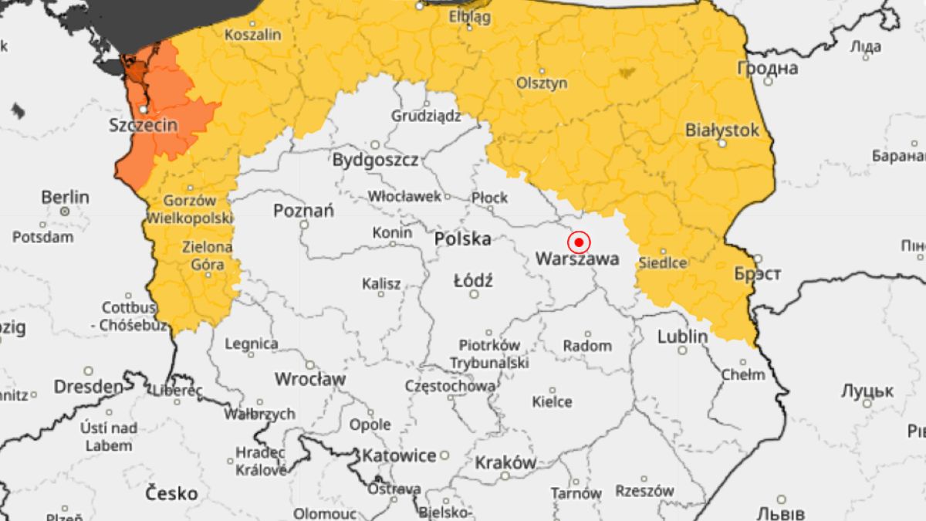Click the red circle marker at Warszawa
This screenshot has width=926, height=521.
[x=579, y=242]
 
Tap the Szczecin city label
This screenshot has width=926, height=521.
[x=144, y=125]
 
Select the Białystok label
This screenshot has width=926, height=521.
[x=722, y=130]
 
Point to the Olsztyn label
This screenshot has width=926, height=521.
[x=542, y=83]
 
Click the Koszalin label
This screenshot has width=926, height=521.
[x=253, y=35]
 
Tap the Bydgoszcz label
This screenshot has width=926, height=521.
[x=376, y=161]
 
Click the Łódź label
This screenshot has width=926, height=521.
[x=473, y=280]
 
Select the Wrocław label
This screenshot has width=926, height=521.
[x=310, y=379]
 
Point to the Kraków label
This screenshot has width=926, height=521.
[x=505, y=463]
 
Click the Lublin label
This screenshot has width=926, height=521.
[x=682, y=337]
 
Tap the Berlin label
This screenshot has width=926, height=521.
[x=65, y=197]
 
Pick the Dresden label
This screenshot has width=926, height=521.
[x=88, y=386]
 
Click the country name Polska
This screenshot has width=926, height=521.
[x=463, y=239]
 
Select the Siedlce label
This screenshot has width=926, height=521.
[x=663, y=262]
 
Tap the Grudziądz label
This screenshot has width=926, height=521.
[x=426, y=116]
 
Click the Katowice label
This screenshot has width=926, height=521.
[x=400, y=455]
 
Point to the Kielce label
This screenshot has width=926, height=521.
[x=553, y=401]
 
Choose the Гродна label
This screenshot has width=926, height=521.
[x=768, y=68]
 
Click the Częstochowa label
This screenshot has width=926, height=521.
[x=451, y=386]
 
